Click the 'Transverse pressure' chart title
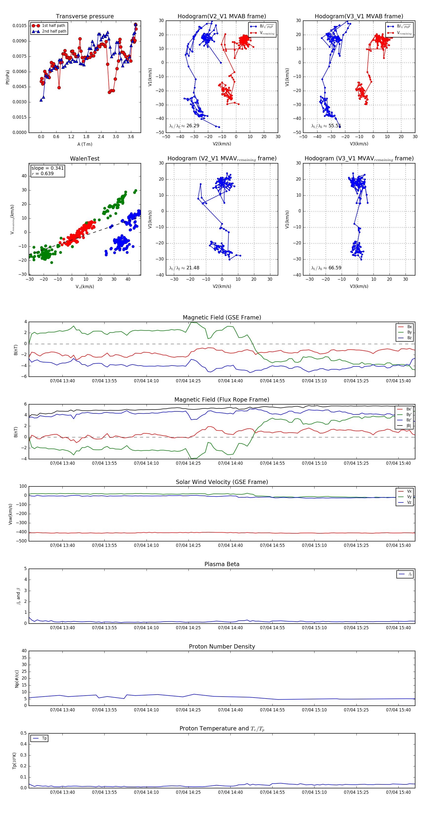85,17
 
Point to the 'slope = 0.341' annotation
47,168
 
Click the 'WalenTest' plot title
85,159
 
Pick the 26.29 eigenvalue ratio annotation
184,126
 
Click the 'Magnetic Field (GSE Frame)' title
222,317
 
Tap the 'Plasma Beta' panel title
222,564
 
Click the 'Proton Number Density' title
222,647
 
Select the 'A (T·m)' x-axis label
85,144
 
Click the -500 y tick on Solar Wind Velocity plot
21,541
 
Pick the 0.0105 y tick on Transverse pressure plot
19,26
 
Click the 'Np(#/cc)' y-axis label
17,679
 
